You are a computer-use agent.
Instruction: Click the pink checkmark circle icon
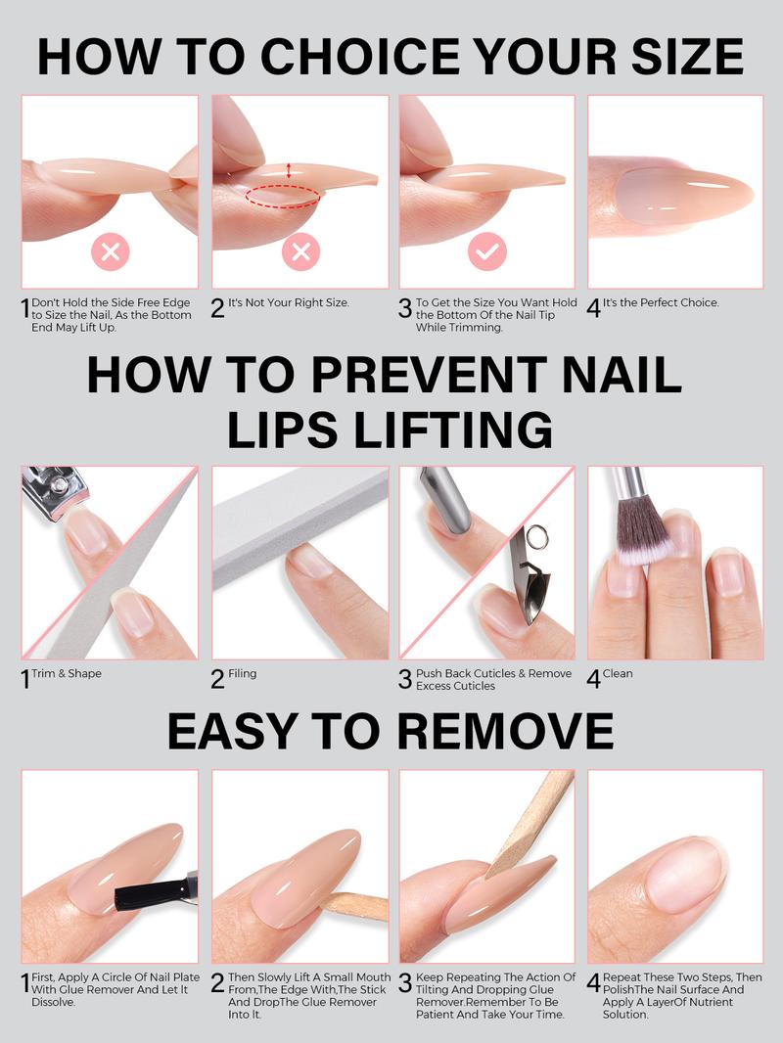(486, 252)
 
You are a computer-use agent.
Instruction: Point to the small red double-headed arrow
(289, 171)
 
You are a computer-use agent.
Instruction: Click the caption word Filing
(243, 674)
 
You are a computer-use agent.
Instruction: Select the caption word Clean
(618, 674)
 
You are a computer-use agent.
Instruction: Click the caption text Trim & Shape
(67, 674)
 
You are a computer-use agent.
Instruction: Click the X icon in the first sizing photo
(111, 252)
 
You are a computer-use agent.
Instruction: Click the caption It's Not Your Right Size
(289, 303)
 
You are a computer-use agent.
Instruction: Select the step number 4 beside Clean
(594, 678)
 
